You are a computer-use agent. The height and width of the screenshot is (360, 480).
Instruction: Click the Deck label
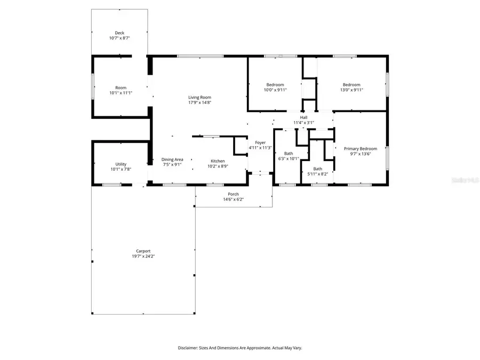click(x=119, y=33)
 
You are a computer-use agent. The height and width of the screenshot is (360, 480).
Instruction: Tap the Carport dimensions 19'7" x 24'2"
click(x=142, y=257)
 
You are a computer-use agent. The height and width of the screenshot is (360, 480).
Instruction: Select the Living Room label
click(x=199, y=98)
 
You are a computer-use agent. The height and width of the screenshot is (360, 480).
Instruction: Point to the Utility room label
click(x=121, y=164)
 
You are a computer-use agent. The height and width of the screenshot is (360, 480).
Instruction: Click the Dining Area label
click(x=172, y=159)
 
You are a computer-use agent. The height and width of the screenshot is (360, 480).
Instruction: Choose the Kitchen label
click(x=217, y=161)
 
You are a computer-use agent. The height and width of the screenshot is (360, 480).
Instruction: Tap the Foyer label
click(x=260, y=142)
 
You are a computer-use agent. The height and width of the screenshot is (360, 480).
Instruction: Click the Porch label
click(x=233, y=194)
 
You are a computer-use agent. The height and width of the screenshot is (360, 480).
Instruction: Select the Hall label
click(x=303, y=117)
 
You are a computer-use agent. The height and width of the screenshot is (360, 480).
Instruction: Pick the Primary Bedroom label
click(x=360, y=149)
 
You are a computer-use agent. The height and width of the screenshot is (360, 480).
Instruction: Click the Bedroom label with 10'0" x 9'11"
click(x=275, y=85)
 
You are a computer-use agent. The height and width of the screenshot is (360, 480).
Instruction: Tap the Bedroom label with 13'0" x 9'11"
click(x=351, y=85)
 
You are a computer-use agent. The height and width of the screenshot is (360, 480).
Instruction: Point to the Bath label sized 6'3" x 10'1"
click(x=288, y=154)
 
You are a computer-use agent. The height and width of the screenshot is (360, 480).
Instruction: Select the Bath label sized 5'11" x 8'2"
click(x=317, y=169)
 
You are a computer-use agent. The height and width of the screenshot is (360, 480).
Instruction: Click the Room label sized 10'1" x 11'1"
click(x=121, y=88)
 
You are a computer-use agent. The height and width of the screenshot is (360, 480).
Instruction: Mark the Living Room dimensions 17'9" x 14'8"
click(x=199, y=103)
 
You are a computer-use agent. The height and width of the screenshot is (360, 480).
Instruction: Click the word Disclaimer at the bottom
click(x=190, y=348)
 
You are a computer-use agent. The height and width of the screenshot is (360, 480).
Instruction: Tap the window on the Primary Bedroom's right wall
click(x=387, y=158)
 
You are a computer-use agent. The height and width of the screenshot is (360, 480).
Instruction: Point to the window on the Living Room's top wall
click(x=200, y=55)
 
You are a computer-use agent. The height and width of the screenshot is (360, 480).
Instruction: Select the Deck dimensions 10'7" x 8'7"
click(x=119, y=38)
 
